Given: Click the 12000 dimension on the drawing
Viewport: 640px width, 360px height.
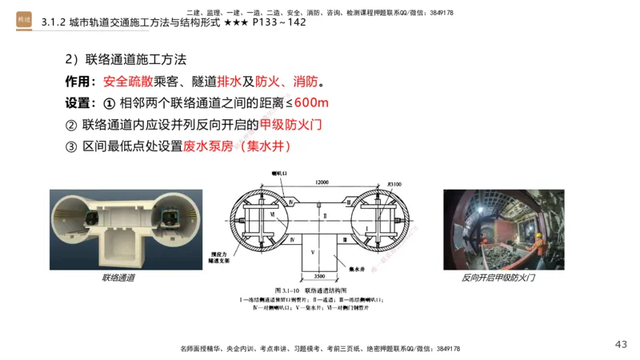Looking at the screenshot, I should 322,182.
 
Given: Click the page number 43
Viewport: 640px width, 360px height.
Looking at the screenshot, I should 621,344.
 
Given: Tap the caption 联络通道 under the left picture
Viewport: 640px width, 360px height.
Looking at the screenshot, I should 118,278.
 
